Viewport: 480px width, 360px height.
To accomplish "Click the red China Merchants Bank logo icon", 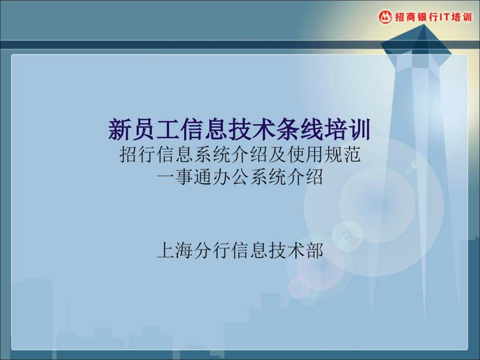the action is coord(385,17).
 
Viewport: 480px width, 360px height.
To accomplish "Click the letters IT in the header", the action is coord(444,17).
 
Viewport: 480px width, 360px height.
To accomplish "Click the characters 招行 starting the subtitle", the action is coord(138,154).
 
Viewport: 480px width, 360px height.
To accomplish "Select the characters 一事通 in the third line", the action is coord(185,177).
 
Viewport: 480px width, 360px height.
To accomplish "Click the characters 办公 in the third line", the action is coord(231,177).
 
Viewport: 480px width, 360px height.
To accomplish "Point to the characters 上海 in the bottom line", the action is coord(175,251).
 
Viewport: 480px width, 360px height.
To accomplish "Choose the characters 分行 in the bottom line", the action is coord(212,251).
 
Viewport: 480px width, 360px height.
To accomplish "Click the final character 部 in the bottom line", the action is coord(314,251).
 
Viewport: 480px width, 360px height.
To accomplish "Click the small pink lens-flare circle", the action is coord(299,287).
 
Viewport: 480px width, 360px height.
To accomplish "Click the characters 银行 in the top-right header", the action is coord(428,17).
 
